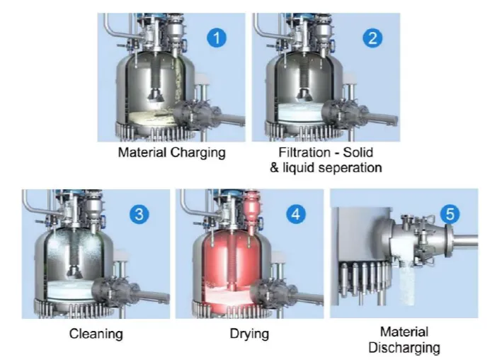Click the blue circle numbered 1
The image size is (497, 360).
(217, 38)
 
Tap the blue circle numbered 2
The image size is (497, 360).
(372, 38)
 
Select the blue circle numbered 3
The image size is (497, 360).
(139, 215)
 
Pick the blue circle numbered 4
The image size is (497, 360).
(296, 215)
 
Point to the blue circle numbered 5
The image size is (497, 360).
(450, 214)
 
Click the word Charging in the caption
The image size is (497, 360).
(198, 153)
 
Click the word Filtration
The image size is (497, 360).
(304, 152)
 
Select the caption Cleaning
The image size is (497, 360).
(96, 334)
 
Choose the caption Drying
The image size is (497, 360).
(249, 334)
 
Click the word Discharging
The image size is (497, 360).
(404, 348)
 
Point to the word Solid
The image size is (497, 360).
(358, 152)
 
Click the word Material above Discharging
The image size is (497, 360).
(404, 332)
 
